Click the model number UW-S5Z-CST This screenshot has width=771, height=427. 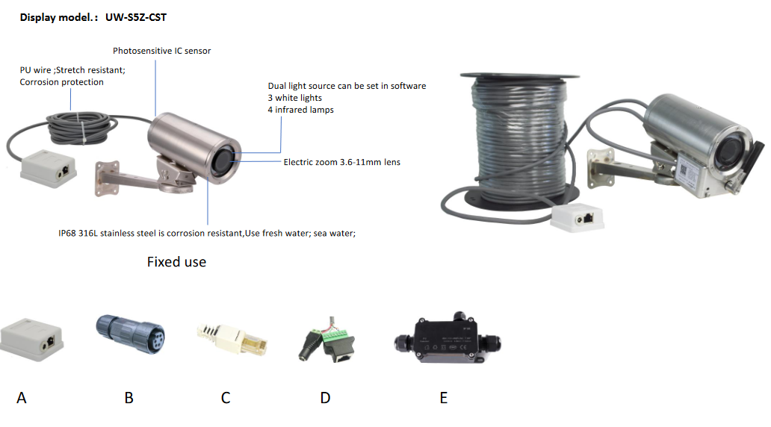click(x=136, y=16)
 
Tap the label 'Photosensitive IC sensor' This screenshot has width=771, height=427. click(x=161, y=51)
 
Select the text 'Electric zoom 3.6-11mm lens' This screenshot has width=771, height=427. click(x=341, y=162)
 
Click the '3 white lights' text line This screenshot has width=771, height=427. click(x=295, y=98)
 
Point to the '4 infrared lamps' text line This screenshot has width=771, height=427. click(x=300, y=110)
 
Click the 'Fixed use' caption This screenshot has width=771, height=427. click(x=176, y=262)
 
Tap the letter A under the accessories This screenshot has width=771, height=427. click(x=21, y=398)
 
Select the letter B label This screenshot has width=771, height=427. click(x=128, y=398)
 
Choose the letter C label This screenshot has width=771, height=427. click(x=225, y=398)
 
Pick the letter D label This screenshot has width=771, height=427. click(x=325, y=398)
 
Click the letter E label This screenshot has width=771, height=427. click(x=443, y=398)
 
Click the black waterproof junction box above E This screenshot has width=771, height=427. click(x=443, y=343)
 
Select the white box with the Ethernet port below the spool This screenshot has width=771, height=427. click(x=580, y=219)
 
